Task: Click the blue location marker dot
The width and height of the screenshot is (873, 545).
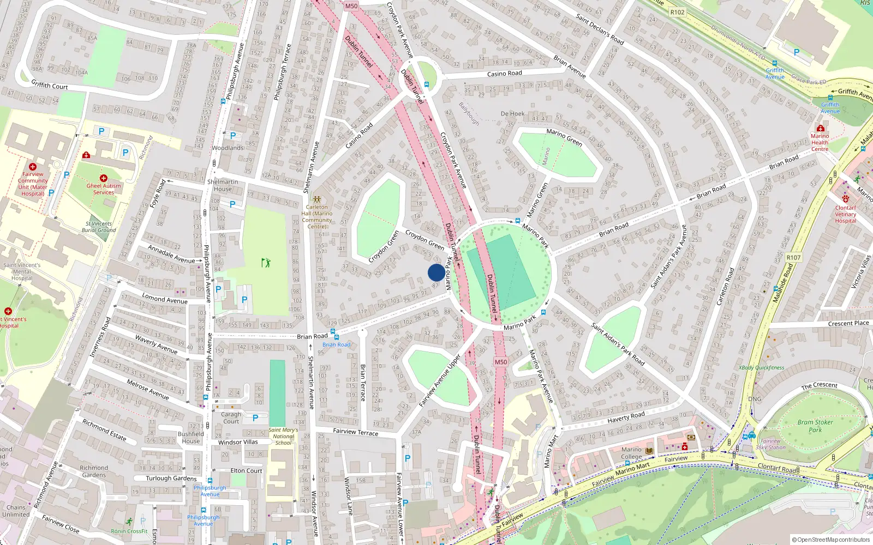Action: coord(436,272)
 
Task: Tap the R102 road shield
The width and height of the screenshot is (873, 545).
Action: coord(677,12)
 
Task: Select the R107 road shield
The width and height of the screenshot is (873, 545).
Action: coord(793,258)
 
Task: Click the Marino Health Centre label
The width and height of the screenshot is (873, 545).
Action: coord(820,142)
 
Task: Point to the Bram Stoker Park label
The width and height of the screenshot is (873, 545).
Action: coord(815,426)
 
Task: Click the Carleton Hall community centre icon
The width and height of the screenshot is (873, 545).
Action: coord(317,200)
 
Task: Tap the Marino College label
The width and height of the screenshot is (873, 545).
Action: coord(631,453)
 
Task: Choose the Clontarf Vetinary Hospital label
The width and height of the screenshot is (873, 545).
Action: coord(845,214)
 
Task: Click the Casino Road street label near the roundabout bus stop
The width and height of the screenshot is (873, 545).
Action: coord(504,74)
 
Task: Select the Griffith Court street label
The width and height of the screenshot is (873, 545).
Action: coord(50,85)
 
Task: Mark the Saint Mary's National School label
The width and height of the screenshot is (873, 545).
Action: coord(283,436)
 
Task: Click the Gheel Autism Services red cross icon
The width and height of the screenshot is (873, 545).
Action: coord(103,178)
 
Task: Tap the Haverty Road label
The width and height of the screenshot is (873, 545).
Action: coord(626,417)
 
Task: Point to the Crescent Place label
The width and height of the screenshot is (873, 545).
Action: coord(848,323)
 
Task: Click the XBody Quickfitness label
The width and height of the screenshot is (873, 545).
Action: coord(761,367)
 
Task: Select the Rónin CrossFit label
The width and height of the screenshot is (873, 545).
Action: coord(129,531)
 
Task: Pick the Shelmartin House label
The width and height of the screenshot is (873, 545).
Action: coord(223,185)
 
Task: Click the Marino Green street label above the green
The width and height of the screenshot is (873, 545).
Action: coord(564,137)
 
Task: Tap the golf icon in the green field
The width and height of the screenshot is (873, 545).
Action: coord(266,263)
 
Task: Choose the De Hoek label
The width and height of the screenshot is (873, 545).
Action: coord(512,114)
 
